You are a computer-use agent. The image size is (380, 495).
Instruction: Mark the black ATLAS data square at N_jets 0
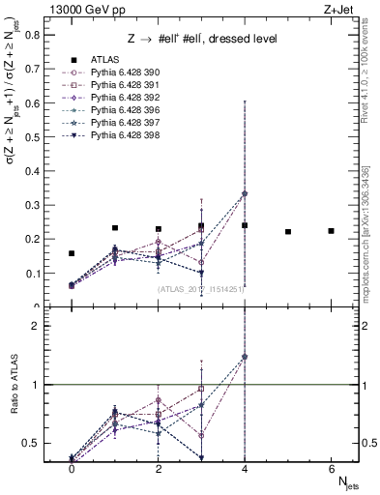click(72, 253)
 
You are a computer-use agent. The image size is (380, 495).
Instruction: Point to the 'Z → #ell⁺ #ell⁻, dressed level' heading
click(203, 39)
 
